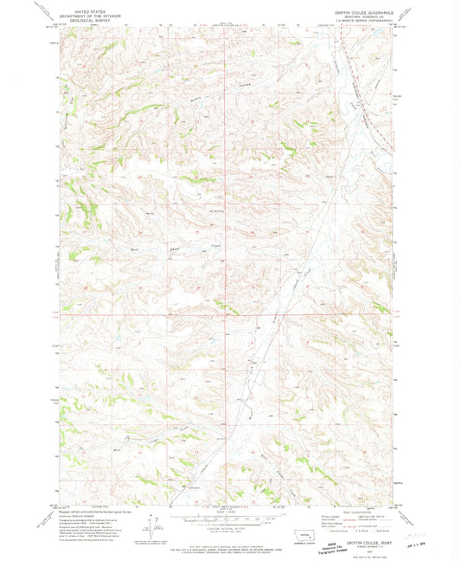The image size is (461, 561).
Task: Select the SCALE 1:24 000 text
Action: click(227, 509)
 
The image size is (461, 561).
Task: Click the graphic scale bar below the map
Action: click(227, 515)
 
